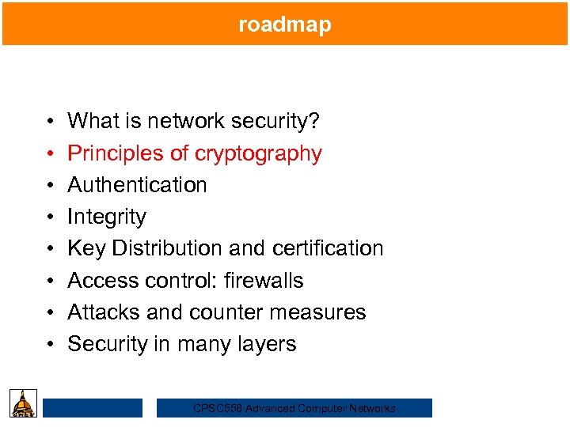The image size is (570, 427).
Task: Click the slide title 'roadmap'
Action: pos(285,25)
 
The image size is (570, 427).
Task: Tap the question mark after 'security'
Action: pos(315,121)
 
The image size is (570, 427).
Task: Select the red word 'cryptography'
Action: pos(256,153)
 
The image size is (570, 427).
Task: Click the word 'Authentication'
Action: pos(137,185)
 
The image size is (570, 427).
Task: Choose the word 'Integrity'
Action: pos(107,217)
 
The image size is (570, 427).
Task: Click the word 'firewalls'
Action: pos(264,281)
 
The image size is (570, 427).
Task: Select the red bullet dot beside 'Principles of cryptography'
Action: pos(49,153)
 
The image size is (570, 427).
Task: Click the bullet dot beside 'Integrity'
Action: pos(49,217)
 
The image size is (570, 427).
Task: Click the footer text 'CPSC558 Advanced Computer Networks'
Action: pos(294,408)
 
